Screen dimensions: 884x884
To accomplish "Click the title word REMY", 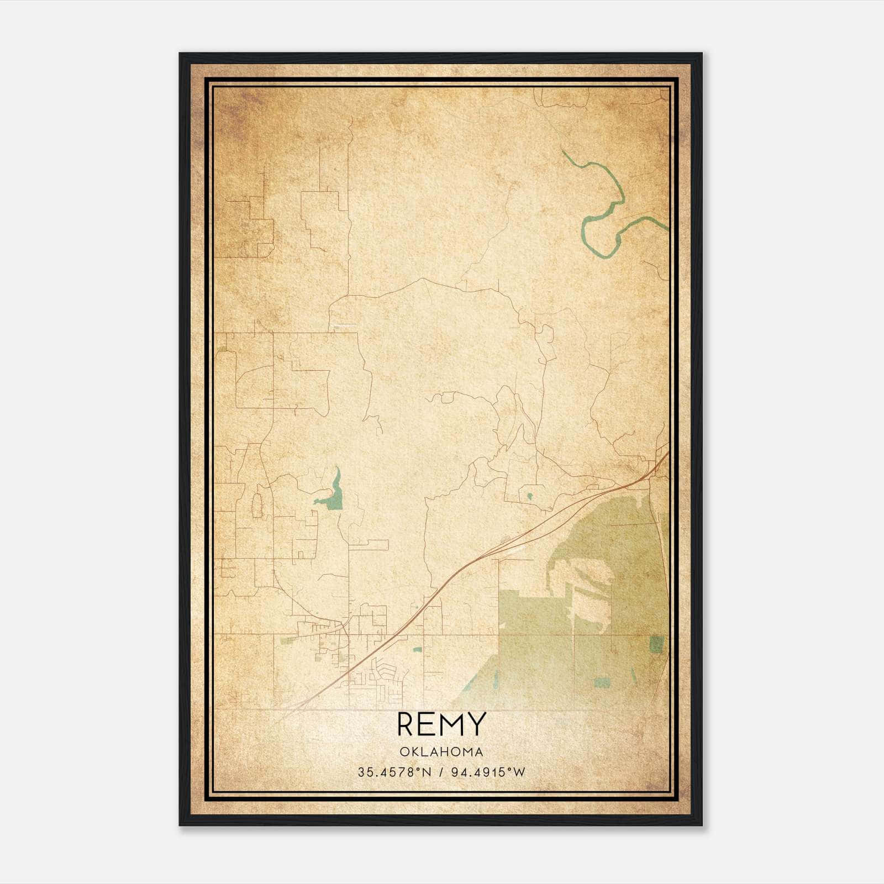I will [441, 724].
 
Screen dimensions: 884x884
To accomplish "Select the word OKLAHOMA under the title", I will [441, 752].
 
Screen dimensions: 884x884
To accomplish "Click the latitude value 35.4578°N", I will [393, 772].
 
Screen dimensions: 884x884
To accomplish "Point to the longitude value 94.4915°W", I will [488, 772].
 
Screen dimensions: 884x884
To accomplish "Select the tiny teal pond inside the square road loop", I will [529, 496].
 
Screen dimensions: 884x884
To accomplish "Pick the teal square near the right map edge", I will [657, 644].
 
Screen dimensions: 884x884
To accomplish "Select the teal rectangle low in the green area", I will [602, 682].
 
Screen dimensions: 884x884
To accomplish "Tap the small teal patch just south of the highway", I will [418, 650].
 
